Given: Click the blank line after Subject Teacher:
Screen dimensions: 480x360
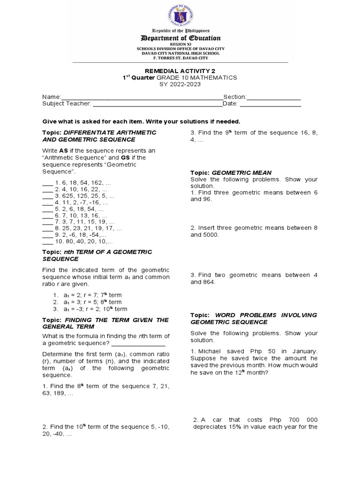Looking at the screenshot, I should pos(157,105).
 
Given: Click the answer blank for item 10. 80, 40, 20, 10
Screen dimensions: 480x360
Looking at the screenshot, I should pos(47,242).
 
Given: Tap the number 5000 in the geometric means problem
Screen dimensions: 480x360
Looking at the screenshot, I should pos(210,235).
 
